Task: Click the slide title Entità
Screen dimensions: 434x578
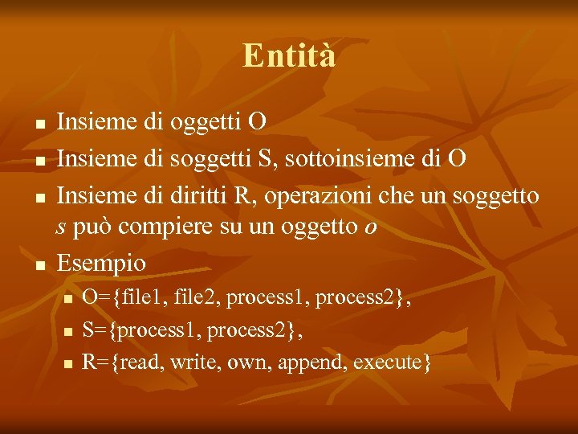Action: click(x=289, y=56)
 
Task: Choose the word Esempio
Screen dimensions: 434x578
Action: click(x=102, y=263)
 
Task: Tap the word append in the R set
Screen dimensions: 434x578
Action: click(x=302, y=362)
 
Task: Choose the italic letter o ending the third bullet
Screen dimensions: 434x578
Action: click(x=369, y=228)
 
